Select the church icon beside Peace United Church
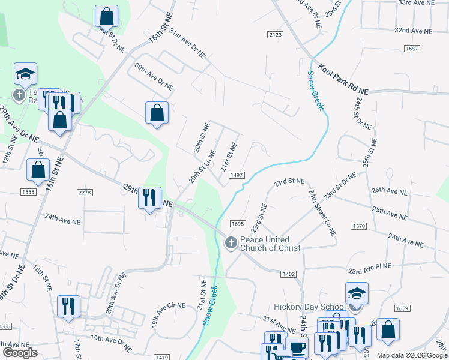230,243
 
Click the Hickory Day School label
308,306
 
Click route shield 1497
237,175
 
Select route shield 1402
288,274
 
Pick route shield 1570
359,226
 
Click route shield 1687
411,48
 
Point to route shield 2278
85,192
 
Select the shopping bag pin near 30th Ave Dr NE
157,112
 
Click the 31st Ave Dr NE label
187,43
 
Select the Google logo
20,353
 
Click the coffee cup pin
297,347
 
